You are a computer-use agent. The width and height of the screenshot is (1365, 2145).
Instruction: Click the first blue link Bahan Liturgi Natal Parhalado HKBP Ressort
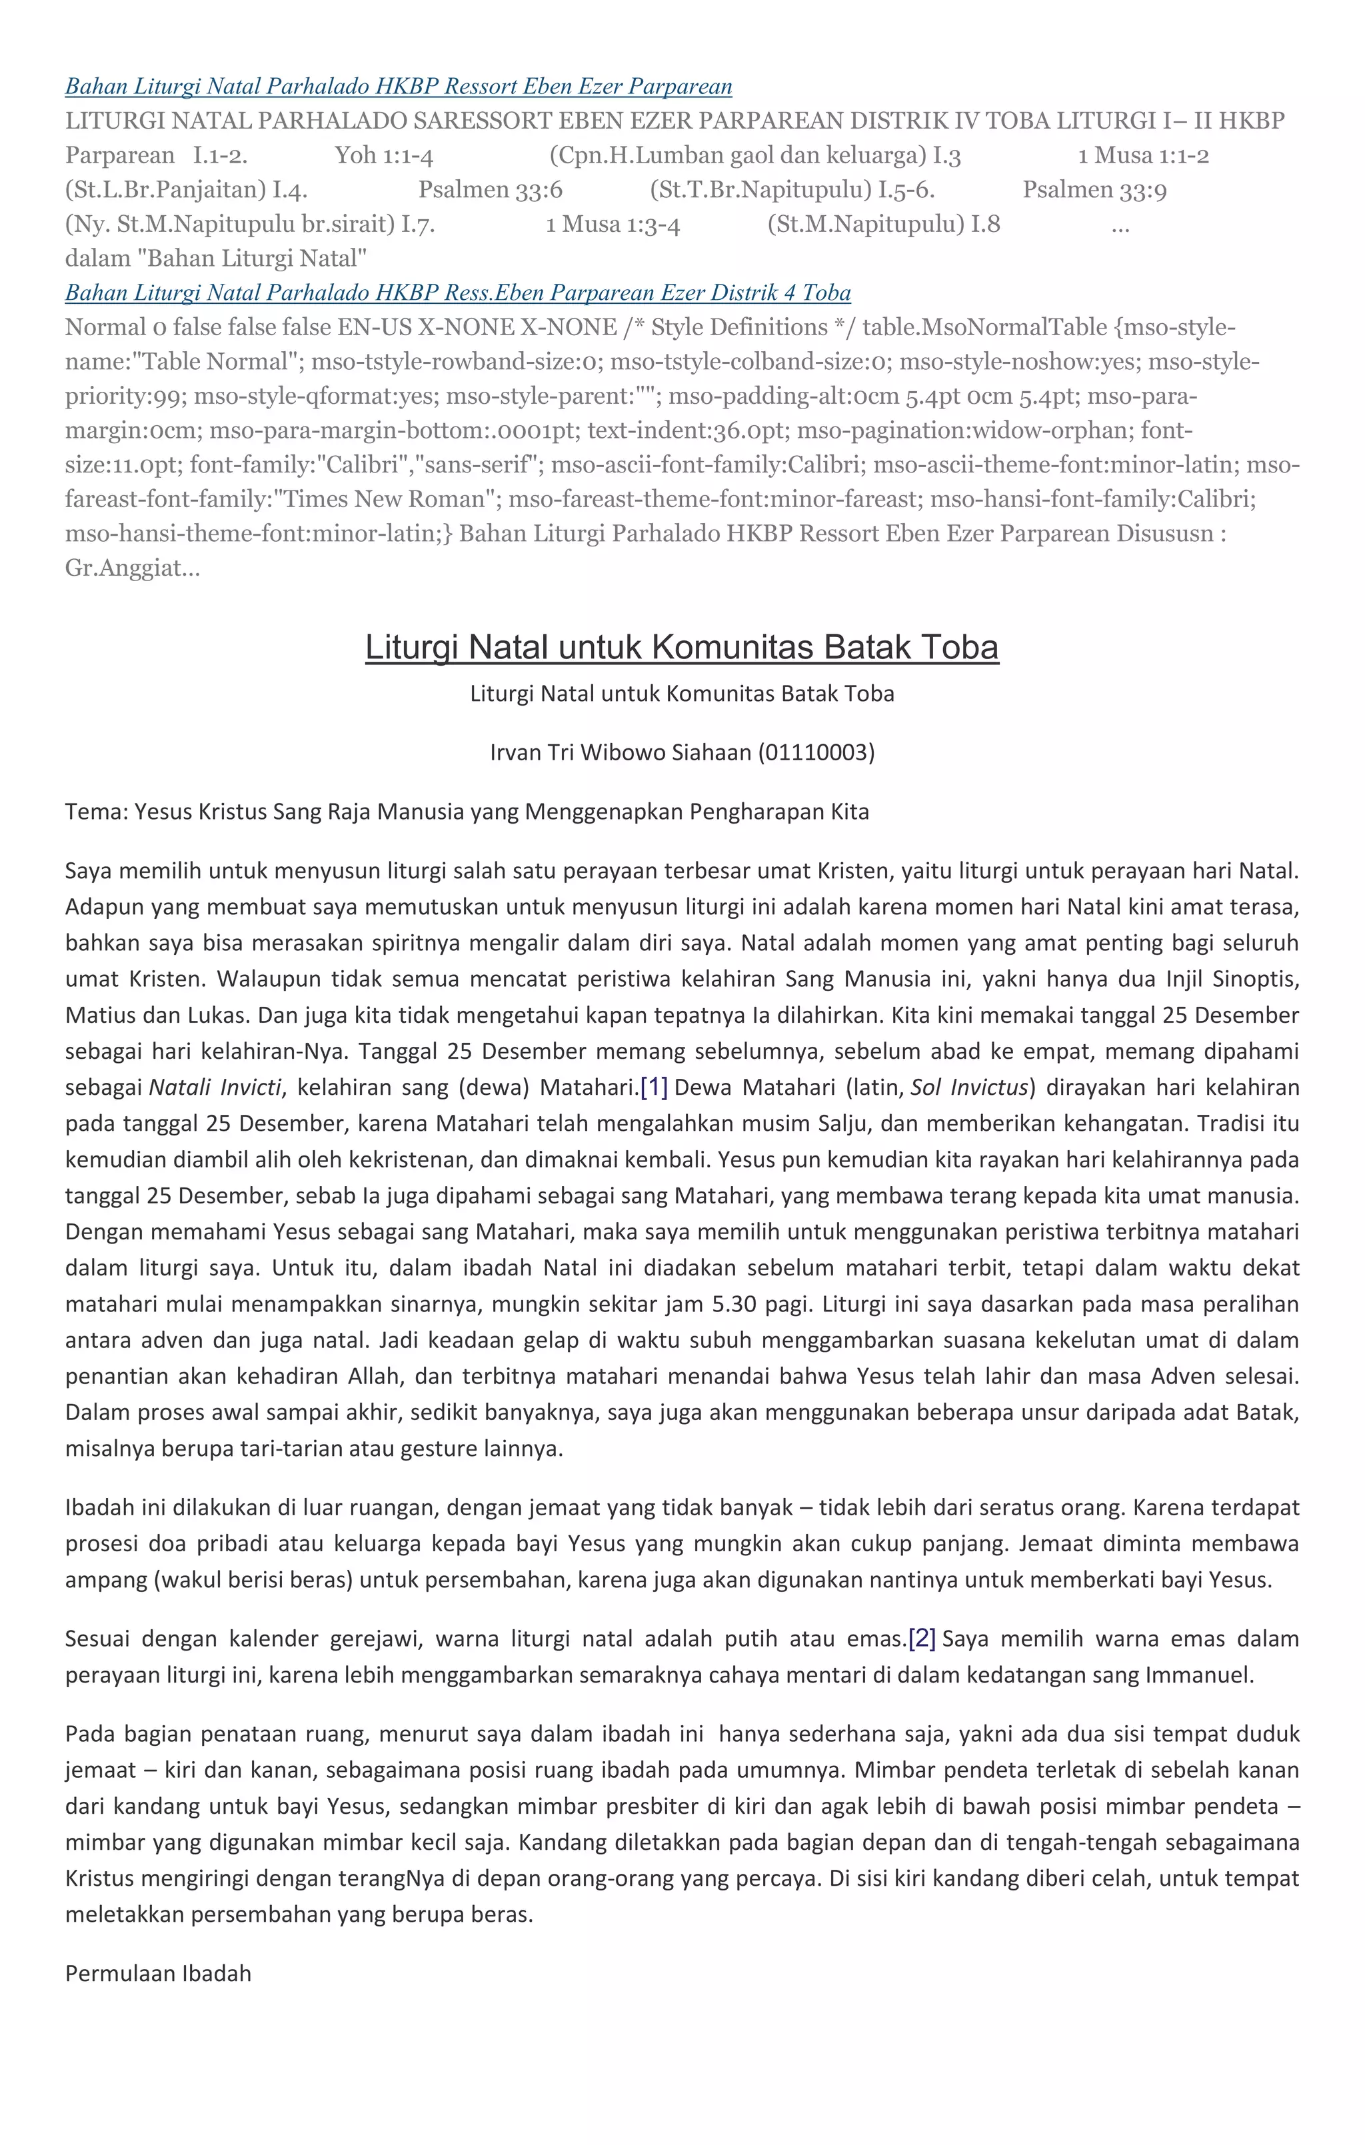[399, 87]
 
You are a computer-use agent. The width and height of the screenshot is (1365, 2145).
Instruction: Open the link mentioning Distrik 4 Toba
[457, 293]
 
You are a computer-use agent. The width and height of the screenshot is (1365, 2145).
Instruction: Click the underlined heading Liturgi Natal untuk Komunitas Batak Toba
[682, 648]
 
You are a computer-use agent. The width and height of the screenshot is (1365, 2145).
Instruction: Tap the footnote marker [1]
[654, 1087]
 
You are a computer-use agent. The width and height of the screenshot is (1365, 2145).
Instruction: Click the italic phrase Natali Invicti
[215, 1087]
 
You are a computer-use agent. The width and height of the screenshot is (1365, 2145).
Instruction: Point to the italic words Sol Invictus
[969, 1087]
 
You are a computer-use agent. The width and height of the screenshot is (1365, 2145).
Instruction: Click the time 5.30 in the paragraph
[732, 1304]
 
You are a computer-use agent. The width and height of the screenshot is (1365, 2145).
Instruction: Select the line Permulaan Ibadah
[158, 1974]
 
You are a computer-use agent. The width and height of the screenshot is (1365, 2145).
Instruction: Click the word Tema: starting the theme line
[96, 812]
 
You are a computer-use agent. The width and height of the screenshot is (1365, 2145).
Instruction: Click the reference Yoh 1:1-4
[384, 156]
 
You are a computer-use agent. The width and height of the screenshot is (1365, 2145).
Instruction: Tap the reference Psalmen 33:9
[1094, 190]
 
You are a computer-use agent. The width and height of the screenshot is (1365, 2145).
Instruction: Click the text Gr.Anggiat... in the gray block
[132, 568]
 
